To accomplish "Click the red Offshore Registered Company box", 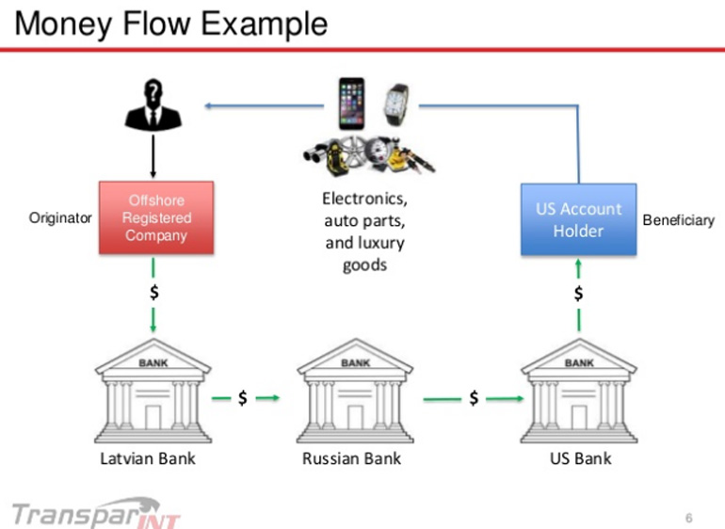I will coord(156,217).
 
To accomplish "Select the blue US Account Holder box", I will coord(578,219).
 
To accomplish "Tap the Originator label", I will coord(60,218).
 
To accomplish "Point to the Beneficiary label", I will coord(678,220).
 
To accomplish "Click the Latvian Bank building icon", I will coord(153,392).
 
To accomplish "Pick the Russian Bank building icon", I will coord(355,392).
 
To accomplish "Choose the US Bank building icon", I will coord(578,392).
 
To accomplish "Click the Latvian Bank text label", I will coord(148,459).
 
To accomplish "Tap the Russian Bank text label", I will coord(351,459).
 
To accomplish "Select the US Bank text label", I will coord(580,459).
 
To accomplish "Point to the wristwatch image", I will coord(396,104).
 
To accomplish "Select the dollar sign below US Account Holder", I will coord(578,295).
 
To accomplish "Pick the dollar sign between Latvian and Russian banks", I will coord(243,398).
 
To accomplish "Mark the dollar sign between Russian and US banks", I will coord(474,399).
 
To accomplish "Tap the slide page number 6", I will coord(689,518).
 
